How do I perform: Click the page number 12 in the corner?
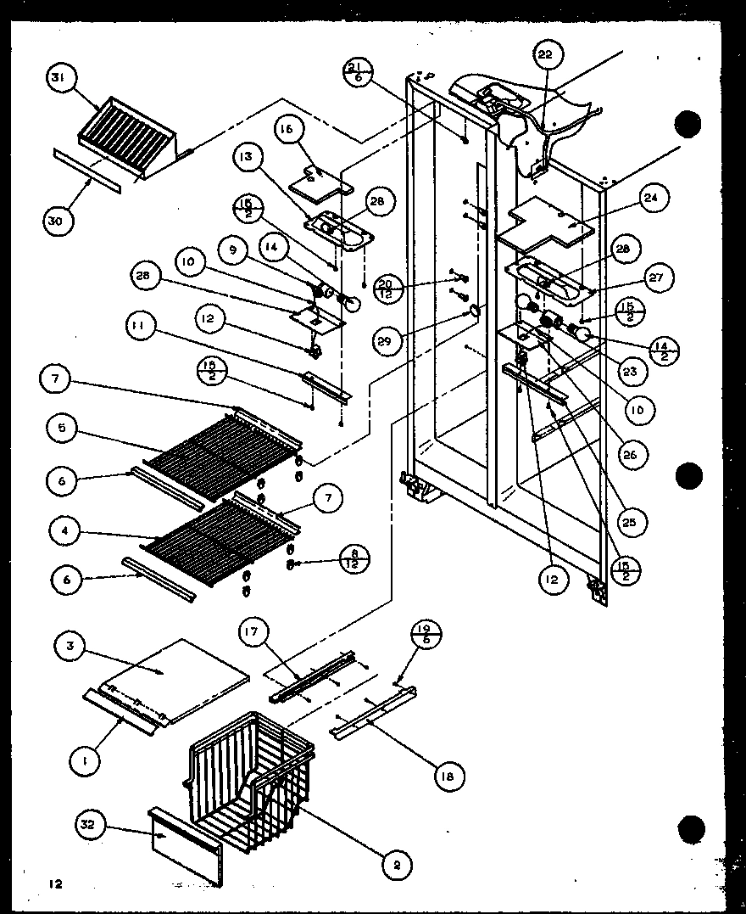[56, 884]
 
